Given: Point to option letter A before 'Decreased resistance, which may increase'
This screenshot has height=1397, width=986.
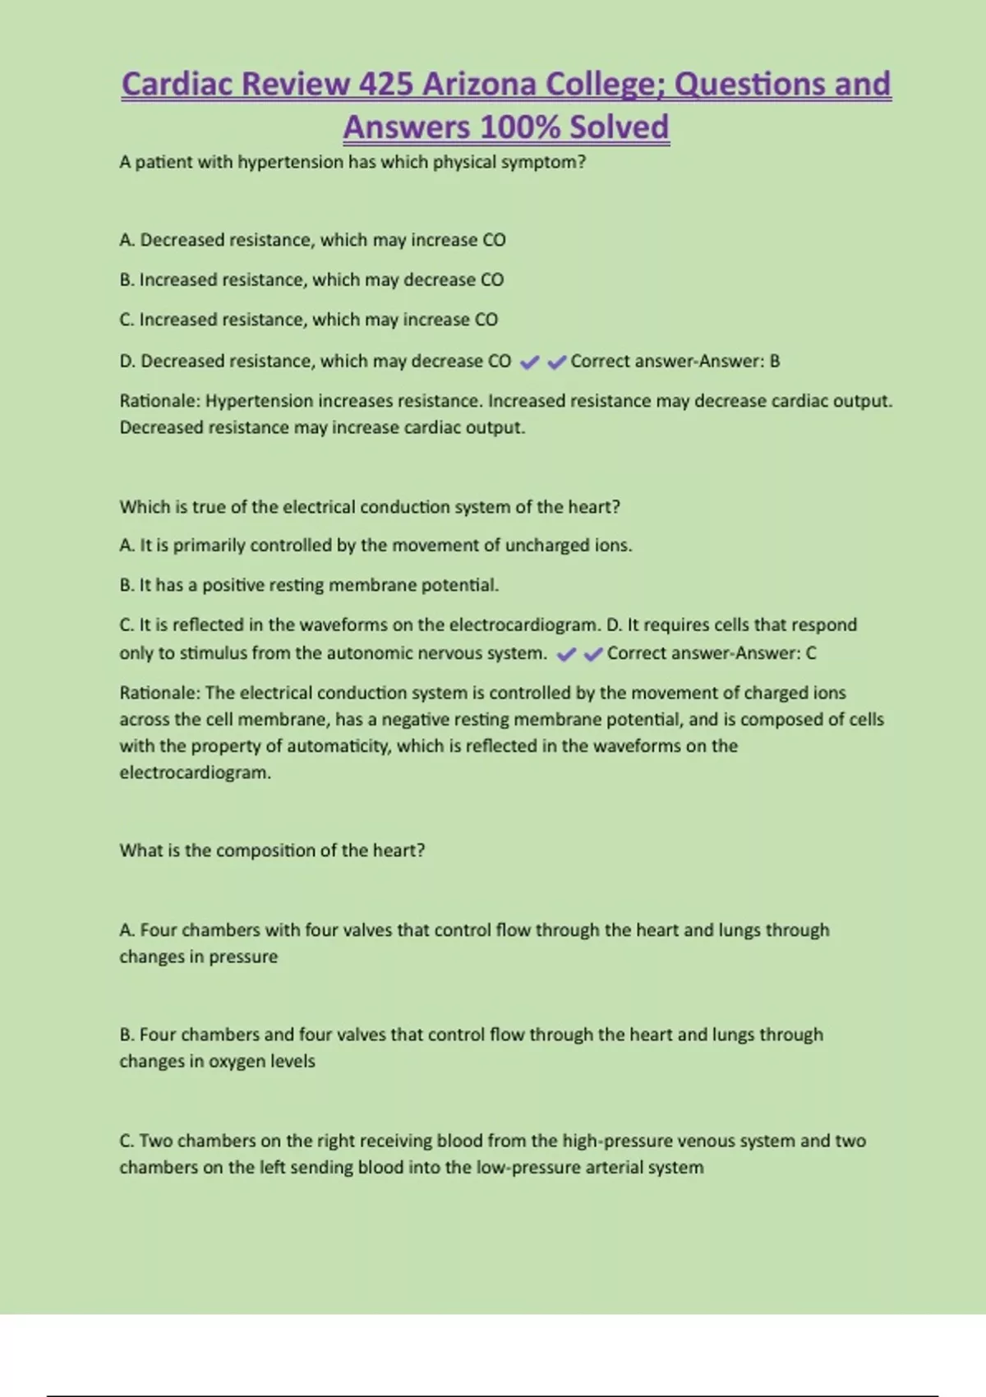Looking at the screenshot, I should (127, 240).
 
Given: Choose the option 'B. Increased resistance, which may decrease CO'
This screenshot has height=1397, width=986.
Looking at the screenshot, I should (311, 279).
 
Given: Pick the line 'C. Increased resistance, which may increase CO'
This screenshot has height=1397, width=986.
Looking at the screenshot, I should (308, 320).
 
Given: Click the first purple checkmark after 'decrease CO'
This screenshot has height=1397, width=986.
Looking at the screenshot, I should (530, 362).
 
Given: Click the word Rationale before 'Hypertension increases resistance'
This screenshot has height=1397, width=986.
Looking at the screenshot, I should (159, 401).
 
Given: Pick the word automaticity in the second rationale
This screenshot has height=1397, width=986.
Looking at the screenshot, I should (337, 746).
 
